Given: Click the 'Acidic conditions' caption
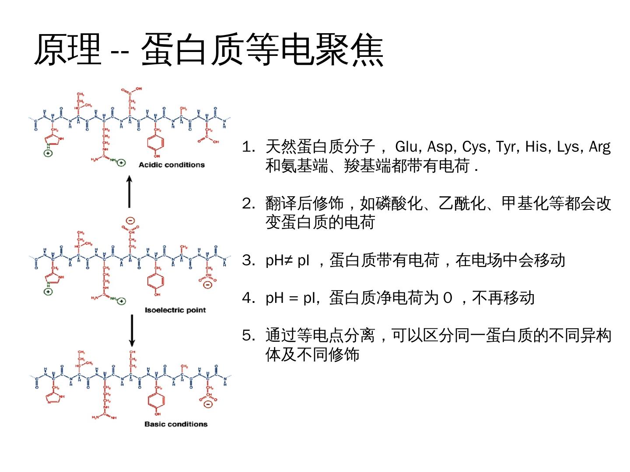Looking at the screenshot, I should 171,165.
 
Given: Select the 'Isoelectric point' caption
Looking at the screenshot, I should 175,310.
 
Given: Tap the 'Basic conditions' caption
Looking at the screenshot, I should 176,424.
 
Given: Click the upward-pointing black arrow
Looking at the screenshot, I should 129,192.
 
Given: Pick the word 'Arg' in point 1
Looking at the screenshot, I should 599,147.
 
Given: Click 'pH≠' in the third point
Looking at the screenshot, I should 279,260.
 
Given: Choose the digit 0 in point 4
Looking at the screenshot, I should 447,298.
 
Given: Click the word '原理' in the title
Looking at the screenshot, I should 68,49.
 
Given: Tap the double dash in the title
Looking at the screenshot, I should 120,52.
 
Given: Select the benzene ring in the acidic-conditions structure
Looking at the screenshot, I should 156,142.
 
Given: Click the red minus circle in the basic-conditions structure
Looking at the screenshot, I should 208,404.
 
